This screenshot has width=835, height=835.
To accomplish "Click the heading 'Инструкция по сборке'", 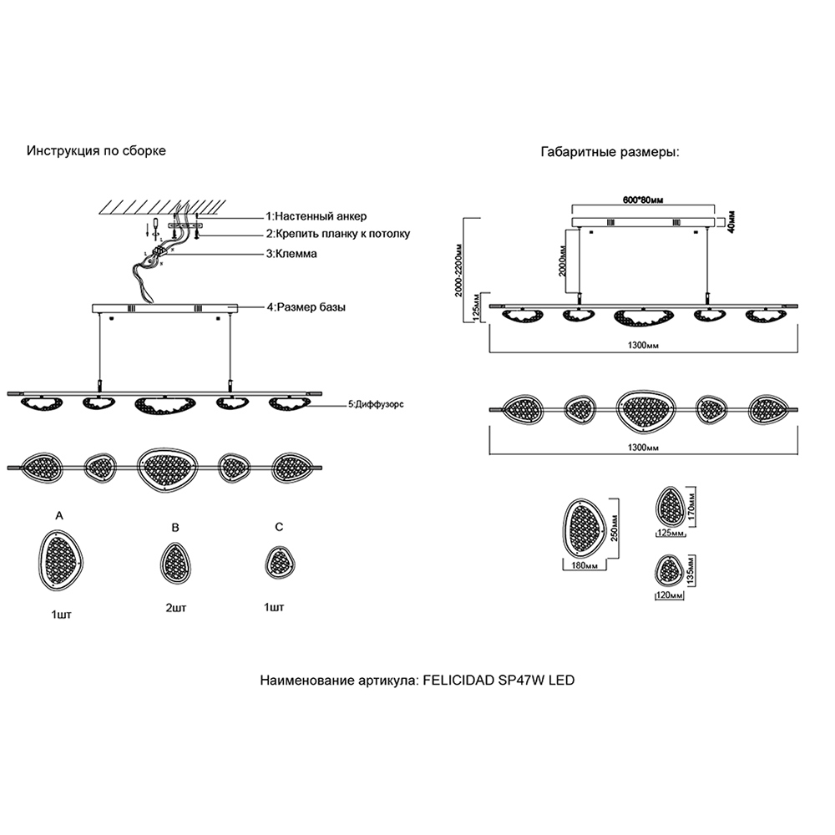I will click(96, 151).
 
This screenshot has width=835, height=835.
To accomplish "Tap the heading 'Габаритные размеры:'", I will click(610, 154).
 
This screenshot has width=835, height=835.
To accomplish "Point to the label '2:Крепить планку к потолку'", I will click(337, 234).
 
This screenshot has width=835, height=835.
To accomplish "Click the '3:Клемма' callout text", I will click(291, 253).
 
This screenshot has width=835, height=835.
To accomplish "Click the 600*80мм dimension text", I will click(643, 200).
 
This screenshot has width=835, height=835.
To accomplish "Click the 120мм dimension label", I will click(669, 595).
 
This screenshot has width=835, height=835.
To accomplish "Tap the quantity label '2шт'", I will click(175, 609).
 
